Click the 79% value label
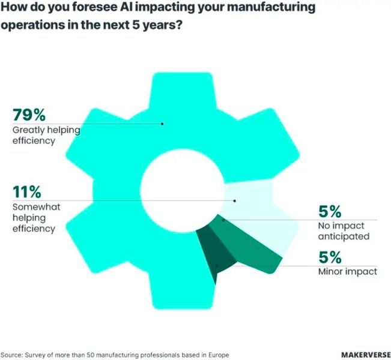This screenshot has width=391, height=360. click(28, 115)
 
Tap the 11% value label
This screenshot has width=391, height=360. click(26, 193)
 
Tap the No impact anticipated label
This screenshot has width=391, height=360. click(343, 231)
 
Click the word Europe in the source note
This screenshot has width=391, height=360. click(218, 354)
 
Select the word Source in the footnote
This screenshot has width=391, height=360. click(11, 354)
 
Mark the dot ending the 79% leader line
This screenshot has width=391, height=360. click(162, 124)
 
